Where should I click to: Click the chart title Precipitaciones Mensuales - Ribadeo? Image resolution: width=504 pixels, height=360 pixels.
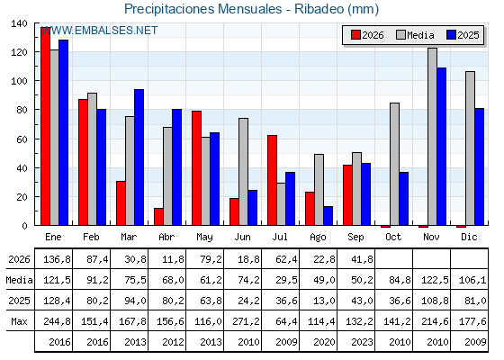point(251,9)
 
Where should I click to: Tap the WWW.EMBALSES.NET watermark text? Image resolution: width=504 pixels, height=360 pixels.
point(99,31)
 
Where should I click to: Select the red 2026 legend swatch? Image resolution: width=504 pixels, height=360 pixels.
point(355,35)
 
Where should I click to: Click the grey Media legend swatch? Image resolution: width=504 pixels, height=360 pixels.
point(400,35)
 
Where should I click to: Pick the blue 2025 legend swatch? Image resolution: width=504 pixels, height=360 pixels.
point(451,35)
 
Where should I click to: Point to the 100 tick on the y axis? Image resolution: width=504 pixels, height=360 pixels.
point(19,81)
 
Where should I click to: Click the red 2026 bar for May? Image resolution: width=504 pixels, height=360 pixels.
point(197,168)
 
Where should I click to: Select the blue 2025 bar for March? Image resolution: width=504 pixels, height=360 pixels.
point(139,157)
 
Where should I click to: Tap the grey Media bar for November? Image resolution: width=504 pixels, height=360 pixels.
point(432,137)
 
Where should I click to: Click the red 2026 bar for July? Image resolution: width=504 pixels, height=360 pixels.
point(272,180)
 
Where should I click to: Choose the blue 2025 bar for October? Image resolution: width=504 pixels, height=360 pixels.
point(404,199)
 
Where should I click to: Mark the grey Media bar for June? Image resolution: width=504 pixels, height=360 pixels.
point(243,172)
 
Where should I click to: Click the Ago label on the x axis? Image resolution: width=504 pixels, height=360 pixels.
point(318,238)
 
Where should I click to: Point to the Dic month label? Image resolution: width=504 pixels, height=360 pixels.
point(469,237)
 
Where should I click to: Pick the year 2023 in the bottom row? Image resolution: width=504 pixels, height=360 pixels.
point(362,342)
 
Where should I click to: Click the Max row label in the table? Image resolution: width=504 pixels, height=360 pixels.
point(19,321)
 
